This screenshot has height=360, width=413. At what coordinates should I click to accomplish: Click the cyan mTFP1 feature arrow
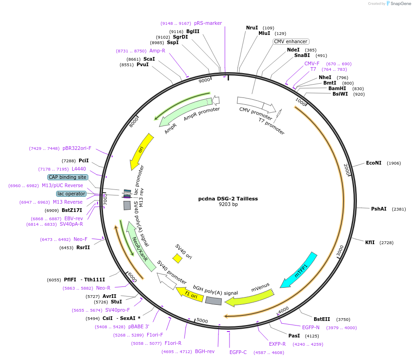coord(299,270)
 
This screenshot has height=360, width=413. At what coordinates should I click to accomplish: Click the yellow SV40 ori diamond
coord(177,259)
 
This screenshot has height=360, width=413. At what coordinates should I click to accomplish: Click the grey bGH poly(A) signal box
coord(213,301)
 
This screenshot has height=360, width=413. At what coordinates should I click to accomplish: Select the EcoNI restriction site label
coord(373,163)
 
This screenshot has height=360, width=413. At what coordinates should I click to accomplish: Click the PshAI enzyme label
coord(379,209)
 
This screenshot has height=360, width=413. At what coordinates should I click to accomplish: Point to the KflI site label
coord(370,242)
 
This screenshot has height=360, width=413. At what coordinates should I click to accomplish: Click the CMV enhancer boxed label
coord(291,41)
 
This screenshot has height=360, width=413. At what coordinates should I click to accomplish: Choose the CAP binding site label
coord(67,177)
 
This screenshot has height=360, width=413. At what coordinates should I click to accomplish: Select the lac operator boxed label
coord(71,194)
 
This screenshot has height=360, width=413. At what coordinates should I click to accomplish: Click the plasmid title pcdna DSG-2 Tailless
coord(228,199)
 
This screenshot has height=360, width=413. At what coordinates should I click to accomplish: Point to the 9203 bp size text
coord(228,205)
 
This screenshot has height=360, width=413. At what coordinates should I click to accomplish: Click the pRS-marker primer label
coord(208,23)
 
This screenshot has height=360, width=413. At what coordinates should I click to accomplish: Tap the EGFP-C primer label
coord(238,353)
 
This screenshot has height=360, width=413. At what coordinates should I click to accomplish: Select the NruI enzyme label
coord(252,28)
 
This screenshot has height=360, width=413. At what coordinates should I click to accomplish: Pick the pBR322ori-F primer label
coord(77,148)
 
